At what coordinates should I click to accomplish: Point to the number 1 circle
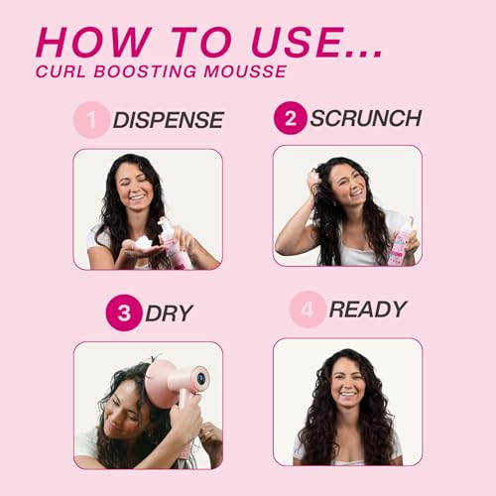pyautogui.click(x=90, y=120)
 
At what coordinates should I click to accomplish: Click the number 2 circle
pyautogui.click(x=290, y=118)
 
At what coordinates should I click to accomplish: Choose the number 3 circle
pyautogui.click(x=123, y=312)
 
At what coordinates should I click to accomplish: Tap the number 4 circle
pyautogui.click(x=307, y=309)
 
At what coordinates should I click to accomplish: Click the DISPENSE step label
pyautogui.click(x=168, y=121)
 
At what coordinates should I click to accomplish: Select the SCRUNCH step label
pyautogui.click(x=365, y=118)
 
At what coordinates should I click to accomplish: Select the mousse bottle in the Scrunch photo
pyautogui.click(x=402, y=242)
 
